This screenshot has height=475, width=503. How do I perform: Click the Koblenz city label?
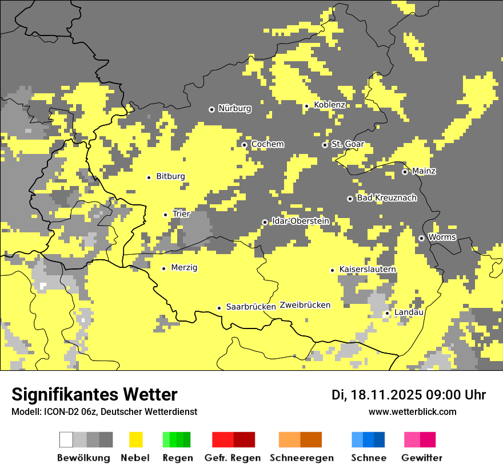tap(329, 105)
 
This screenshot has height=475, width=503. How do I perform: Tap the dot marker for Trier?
tap(166, 215)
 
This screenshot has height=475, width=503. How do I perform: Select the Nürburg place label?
tap(234, 108)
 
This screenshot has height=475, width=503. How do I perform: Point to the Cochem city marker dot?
tap(245, 145)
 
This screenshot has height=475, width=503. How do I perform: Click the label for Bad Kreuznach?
tap(386, 198)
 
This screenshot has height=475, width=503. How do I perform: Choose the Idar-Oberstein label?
tap(301, 221)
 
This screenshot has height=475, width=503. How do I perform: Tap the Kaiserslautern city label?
tap(368, 269)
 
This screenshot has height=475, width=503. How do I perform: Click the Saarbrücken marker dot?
tap(219, 308)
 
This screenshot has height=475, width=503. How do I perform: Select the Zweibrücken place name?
tap(305, 305)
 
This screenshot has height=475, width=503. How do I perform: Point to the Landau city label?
tap(409, 312)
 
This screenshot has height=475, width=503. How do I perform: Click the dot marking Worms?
tap(421, 238)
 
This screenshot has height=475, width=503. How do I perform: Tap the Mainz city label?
tap(424, 171)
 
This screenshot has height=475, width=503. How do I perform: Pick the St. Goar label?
tap(348, 144)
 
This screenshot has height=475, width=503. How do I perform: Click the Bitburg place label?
tap(170, 176)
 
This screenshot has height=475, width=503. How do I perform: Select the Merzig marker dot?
tap(164, 268)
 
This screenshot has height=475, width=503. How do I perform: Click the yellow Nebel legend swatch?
tap(135, 440)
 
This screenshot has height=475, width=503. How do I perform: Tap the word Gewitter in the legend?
tap(421, 458)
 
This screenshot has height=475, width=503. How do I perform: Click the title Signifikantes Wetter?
tap(94, 394)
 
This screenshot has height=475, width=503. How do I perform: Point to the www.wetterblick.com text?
tap(413, 411)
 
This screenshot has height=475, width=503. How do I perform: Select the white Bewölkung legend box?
tap(66, 440)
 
